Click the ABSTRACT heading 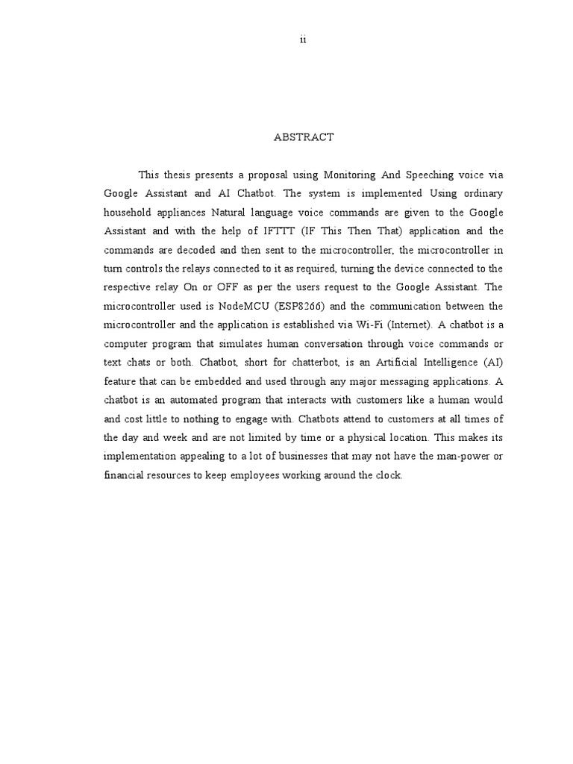tap(304, 137)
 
